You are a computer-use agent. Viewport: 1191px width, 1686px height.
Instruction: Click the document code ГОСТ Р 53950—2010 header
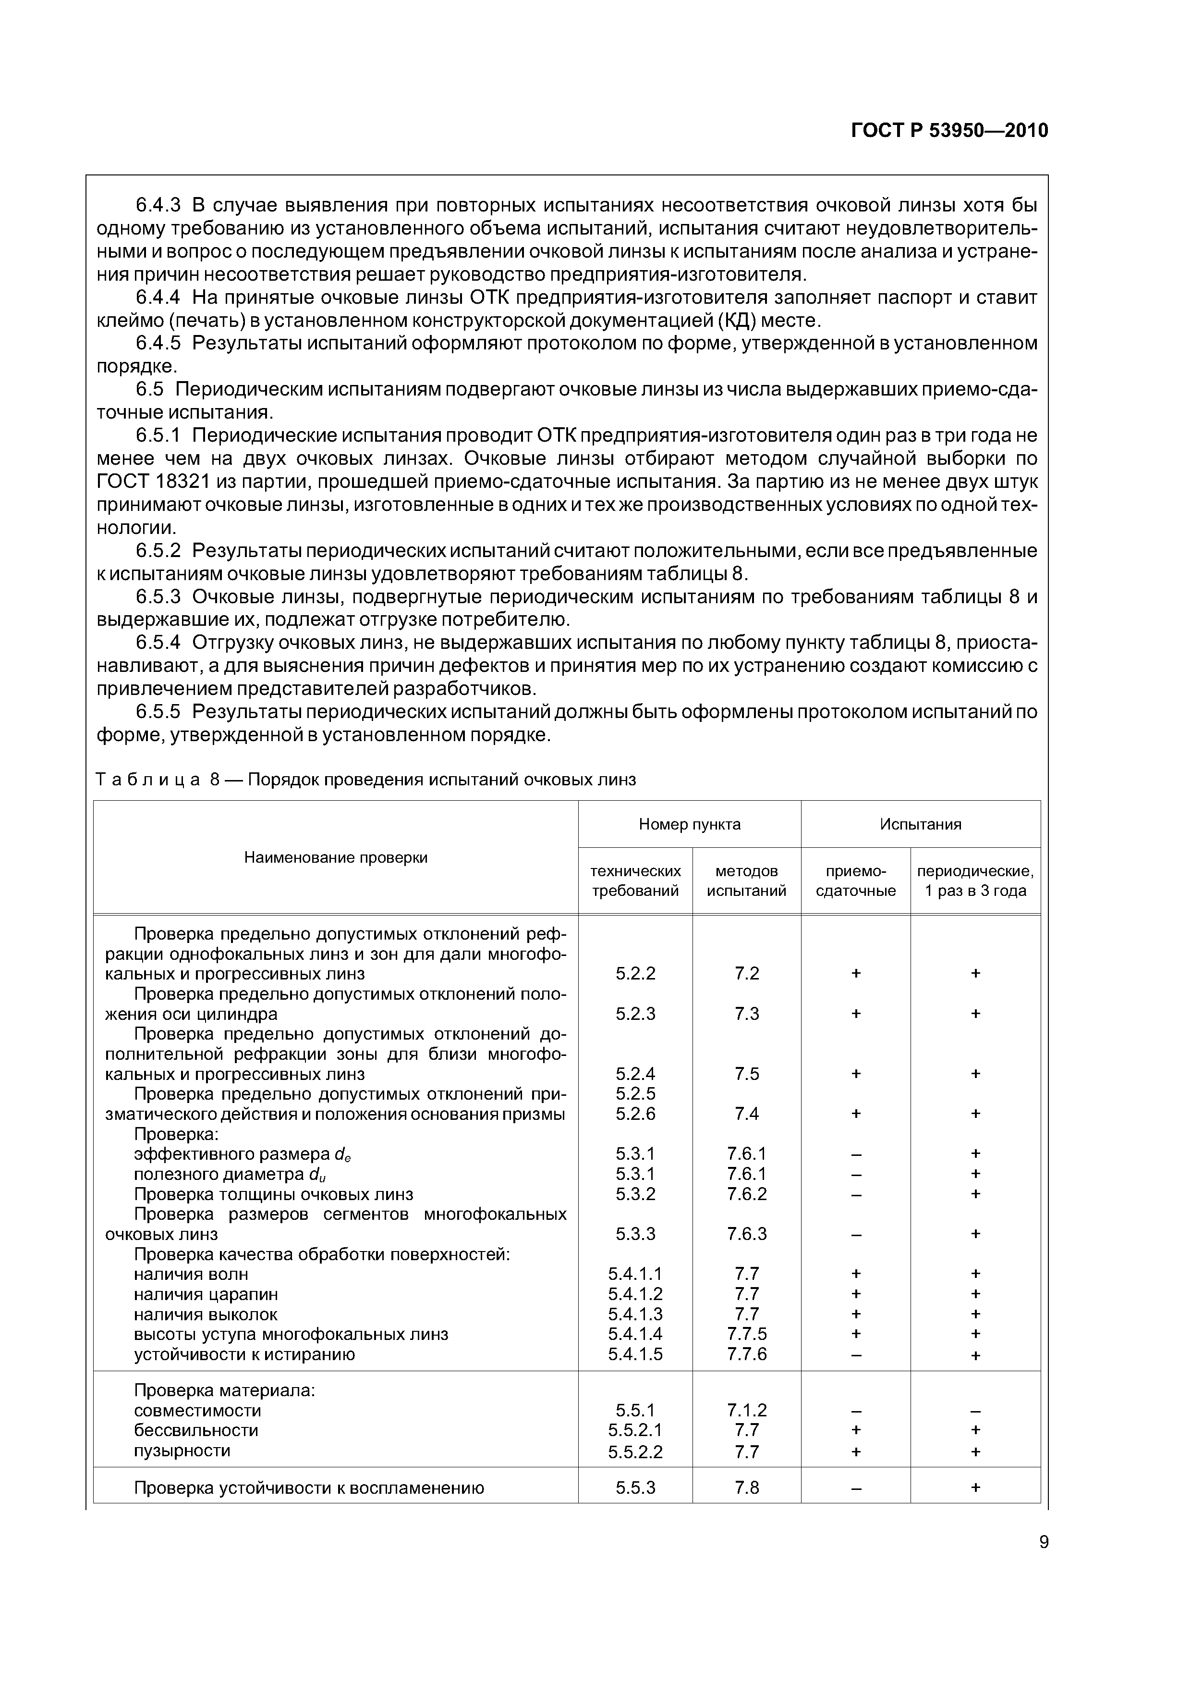pyautogui.click(x=949, y=131)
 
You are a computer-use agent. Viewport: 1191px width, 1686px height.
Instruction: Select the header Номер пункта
pyautogui.click(x=689, y=824)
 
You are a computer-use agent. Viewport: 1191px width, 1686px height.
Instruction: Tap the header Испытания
pyautogui.click(x=920, y=824)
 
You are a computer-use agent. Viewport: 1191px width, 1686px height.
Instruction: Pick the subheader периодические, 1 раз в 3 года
pyautogui.click(x=975, y=880)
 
